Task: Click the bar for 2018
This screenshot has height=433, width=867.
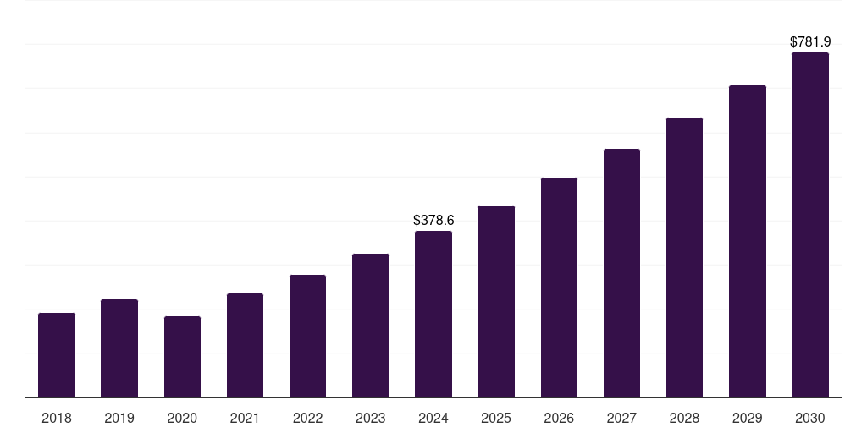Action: tap(57, 355)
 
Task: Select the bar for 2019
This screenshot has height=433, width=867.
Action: tap(119, 348)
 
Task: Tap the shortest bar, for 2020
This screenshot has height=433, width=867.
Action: tap(182, 357)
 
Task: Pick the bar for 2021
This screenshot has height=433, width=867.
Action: tap(245, 345)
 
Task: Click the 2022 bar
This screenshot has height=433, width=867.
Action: tap(307, 336)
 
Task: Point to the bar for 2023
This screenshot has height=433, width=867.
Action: tap(371, 326)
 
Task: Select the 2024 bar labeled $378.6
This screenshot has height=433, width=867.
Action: tap(433, 314)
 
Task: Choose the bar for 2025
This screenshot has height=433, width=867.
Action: tap(496, 301)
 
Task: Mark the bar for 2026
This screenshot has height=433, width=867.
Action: tap(559, 288)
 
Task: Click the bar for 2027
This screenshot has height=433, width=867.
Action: tap(621, 273)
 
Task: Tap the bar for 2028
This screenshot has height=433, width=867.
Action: tap(684, 257)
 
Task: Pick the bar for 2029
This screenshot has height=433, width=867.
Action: tap(748, 241)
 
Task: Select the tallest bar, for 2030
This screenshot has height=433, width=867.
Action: tap(810, 225)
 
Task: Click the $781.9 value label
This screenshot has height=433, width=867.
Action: tap(810, 41)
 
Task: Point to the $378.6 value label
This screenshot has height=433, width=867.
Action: tap(433, 220)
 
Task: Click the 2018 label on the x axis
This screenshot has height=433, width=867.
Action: tap(57, 418)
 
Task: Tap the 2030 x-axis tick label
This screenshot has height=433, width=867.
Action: tap(810, 418)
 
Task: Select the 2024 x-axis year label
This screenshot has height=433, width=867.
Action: tap(433, 418)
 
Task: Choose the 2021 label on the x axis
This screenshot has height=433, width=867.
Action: tap(245, 418)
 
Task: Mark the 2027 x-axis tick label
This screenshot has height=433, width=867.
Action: tap(621, 418)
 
